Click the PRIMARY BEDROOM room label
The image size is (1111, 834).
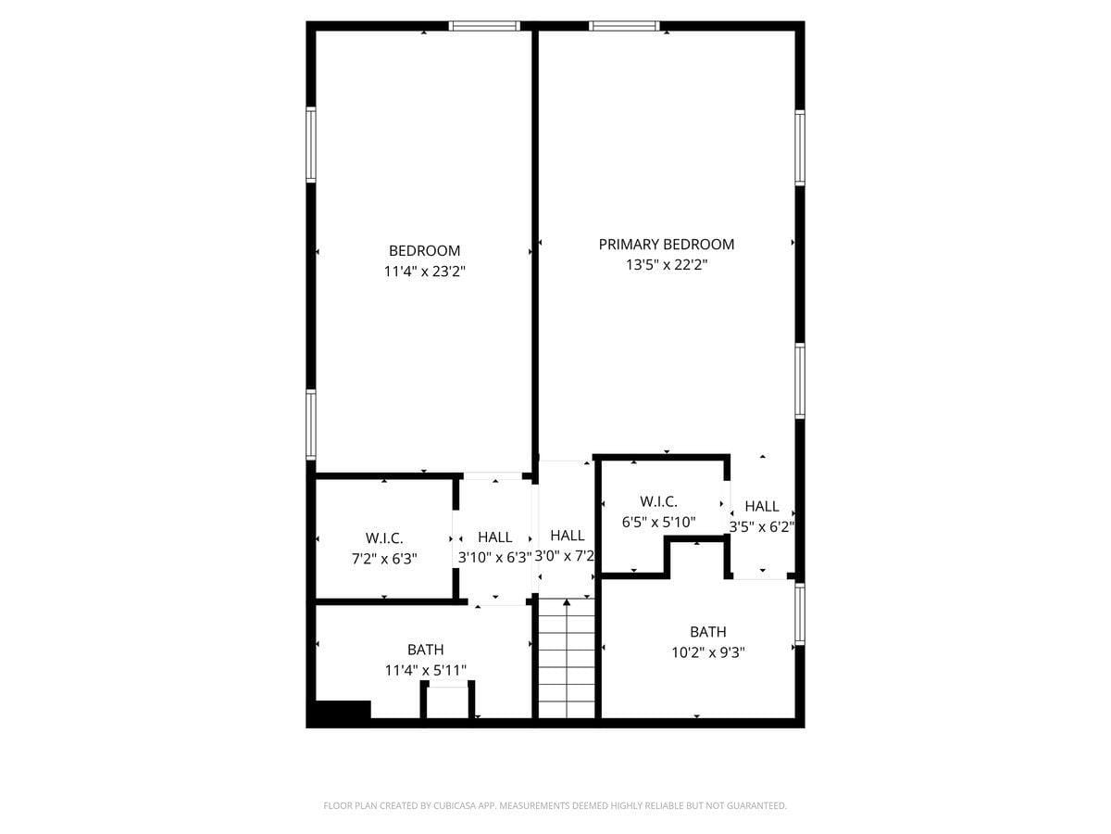tap(666, 245)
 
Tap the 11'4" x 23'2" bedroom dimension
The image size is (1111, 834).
tap(424, 272)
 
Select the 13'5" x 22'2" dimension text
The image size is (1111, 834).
tap(666, 265)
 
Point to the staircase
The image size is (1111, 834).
tap(566, 658)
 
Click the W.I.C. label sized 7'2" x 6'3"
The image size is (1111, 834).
tap(383, 538)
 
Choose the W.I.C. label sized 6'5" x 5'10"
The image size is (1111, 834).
tap(658, 502)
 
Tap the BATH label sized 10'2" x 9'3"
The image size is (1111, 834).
tap(707, 632)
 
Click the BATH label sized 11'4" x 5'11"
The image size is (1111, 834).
tap(425, 650)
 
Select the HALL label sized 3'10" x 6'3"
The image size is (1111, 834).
tap(494, 537)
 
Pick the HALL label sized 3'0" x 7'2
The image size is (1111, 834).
tap(567, 536)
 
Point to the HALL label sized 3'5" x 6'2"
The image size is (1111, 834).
tap(761, 507)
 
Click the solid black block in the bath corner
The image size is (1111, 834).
tap(343, 710)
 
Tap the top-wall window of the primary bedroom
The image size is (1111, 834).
tap(624, 26)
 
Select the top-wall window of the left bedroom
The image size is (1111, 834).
tap(484, 26)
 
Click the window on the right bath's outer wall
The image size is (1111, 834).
tap(800, 613)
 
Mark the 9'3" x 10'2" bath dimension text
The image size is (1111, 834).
tap(708, 652)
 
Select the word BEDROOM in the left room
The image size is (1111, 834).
tap(424, 251)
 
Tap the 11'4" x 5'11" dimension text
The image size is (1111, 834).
tap(425, 670)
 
